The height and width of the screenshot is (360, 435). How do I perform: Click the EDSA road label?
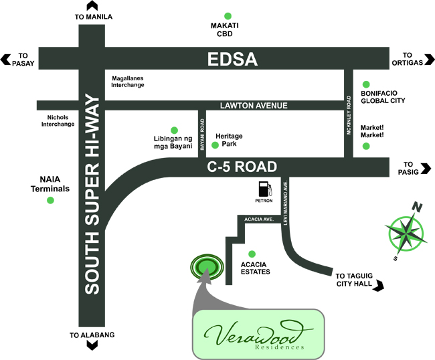pyautogui.click(x=232, y=59)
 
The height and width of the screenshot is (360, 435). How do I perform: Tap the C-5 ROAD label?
pyautogui.click(x=242, y=167)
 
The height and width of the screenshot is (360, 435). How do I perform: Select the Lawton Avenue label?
pyautogui.click(x=254, y=106)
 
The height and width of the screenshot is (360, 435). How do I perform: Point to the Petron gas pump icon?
pyautogui.click(x=265, y=189)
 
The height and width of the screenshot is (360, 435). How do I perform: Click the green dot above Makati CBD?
pyautogui.click(x=228, y=16)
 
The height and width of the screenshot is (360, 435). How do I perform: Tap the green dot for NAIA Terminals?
pyautogui.click(x=50, y=200)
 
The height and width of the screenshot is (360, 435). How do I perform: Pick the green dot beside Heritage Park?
pyautogui.click(x=215, y=145)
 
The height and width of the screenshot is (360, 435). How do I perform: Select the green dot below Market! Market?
pyautogui.click(x=366, y=146)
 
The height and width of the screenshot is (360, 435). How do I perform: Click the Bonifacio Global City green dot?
pyautogui.click(x=366, y=84)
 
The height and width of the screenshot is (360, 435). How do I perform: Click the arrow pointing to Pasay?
pyautogui.click(x=5, y=60)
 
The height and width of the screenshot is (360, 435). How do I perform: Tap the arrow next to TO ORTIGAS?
pyautogui.click(x=430, y=60)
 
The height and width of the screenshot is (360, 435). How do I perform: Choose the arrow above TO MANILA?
pyautogui.click(x=92, y=6)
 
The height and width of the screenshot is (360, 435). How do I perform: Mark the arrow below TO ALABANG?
pyautogui.click(x=92, y=345)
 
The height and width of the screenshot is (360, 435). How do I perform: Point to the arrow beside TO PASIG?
pyautogui.click(x=426, y=169)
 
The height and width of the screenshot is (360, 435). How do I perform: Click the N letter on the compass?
pyautogui.click(x=417, y=207)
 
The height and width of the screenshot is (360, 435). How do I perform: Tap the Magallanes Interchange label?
pyautogui.click(x=128, y=82)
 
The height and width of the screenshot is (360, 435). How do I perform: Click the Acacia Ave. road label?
pyautogui.click(x=259, y=219)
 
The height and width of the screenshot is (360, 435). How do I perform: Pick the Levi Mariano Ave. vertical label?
pyautogui.click(x=286, y=202)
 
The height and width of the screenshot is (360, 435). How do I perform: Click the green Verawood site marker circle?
pyautogui.click(x=207, y=266)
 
